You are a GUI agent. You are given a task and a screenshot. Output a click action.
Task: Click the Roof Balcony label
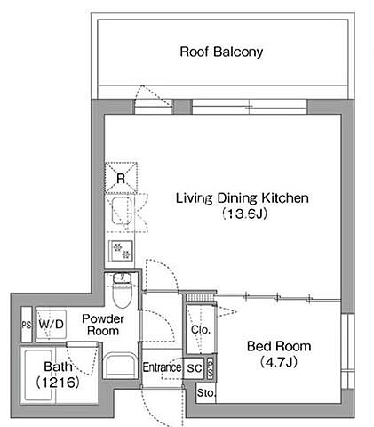[221, 52]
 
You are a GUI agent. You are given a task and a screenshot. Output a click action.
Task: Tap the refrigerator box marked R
[121, 178]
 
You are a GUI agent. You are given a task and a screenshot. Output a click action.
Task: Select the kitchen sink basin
[122, 210]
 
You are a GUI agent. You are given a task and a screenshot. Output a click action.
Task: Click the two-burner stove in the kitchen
[121, 251]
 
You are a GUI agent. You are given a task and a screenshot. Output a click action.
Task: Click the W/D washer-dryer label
[51, 324]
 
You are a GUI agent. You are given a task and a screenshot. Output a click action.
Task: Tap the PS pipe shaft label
[27, 325]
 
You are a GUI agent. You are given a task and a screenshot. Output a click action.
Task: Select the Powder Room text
[103, 325]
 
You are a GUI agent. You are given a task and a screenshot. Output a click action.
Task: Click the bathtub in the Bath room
[39, 375]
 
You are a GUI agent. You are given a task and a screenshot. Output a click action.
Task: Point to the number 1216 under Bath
[58, 383]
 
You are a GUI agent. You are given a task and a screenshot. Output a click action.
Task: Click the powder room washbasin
[121, 366]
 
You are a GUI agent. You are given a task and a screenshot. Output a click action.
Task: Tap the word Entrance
[162, 367]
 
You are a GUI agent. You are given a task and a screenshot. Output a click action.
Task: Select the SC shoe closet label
[195, 368]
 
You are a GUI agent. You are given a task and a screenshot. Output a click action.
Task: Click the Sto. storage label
[206, 393]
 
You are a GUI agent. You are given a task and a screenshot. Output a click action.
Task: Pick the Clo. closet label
[201, 329]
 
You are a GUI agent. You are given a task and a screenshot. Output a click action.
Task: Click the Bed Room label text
[279, 346]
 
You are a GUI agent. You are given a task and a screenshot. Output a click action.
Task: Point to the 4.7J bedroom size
[279, 362]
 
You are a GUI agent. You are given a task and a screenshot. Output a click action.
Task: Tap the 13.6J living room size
[245, 213]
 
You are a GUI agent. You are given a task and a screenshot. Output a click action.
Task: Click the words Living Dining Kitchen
[243, 198]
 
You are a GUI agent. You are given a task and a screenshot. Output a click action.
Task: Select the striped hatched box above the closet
[200, 297]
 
